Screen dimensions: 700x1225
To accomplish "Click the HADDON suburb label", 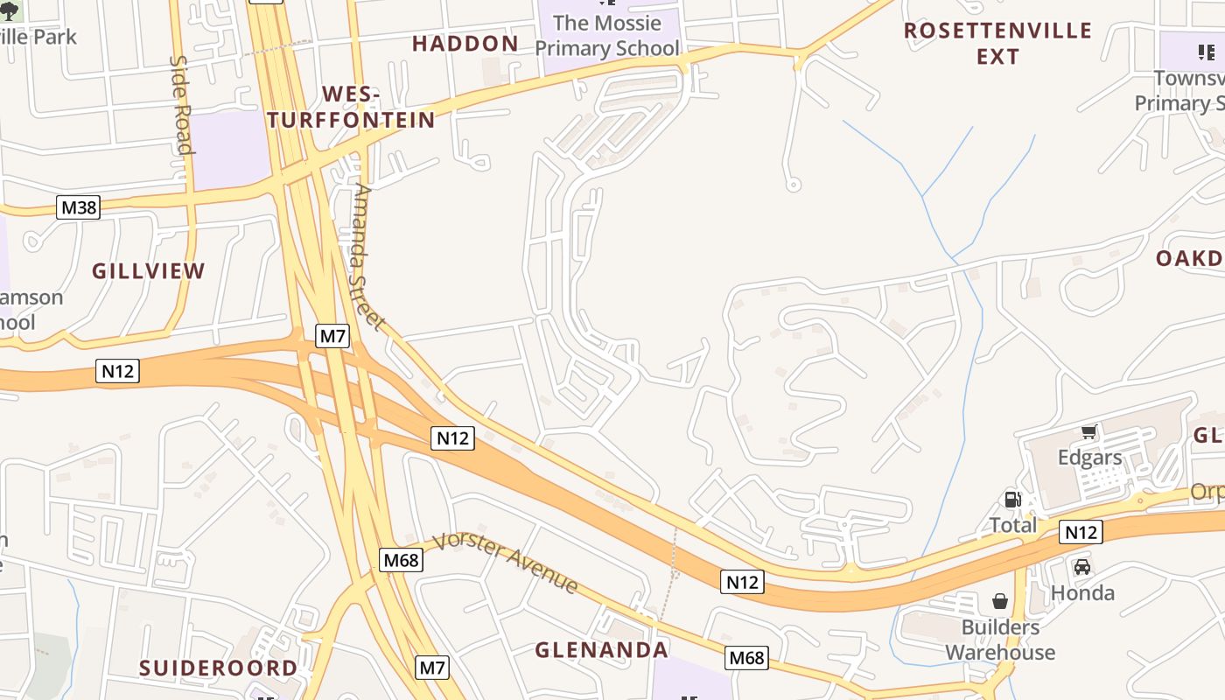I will pyautogui.click(x=465, y=44).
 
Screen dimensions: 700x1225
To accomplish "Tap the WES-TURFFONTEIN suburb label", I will pyautogui.click(x=351, y=108).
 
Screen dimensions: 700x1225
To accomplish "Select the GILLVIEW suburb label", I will pyautogui.click(x=149, y=271).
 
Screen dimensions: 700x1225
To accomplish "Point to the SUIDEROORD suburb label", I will pyautogui.click(x=219, y=668).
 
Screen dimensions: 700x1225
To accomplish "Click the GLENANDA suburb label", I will pyautogui.click(x=602, y=650).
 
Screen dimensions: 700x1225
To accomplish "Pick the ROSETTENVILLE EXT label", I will pyautogui.click(x=997, y=44).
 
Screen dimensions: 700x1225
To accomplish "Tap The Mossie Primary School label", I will pyautogui.click(x=607, y=35).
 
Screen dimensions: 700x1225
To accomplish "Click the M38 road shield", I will pyautogui.click(x=79, y=207).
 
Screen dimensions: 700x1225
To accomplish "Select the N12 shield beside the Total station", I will pyautogui.click(x=1081, y=532).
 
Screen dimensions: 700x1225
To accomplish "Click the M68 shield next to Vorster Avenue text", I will pyautogui.click(x=402, y=560).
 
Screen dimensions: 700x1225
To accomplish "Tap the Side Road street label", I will pyautogui.click(x=180, y=105).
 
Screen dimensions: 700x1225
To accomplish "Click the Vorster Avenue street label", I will pyautogui.click(x=507, y=562).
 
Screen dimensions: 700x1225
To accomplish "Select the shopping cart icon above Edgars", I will pyautogui.click(x=1089, y=431).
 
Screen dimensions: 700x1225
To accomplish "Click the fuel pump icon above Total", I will pyautogui.click(x=1012, y=500).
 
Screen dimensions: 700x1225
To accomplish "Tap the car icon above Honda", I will pyautogui.click(x=1082, y=566).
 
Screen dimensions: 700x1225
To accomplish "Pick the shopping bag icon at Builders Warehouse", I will pyautogui.click(x=1000, y=601).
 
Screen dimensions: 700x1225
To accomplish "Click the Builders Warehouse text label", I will pyautogui.click(x=1000, y=640).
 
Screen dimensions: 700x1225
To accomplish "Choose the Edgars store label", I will pyautogui.click(x=1089, y=458).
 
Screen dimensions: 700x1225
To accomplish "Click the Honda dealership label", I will pyautogui.click(x=1082, y=593).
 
